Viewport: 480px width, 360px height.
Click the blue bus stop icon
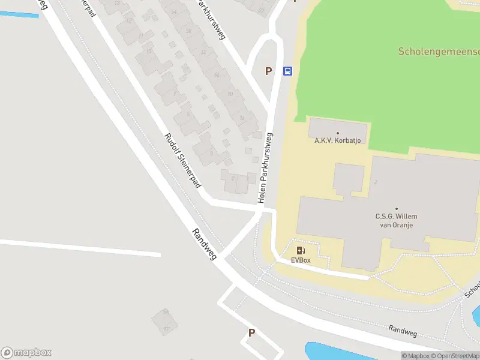coord(287,71)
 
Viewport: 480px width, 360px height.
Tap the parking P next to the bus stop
coord(269,71)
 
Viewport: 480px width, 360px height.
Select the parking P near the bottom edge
coord(251,332)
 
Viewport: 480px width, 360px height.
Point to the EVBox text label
coord(301,260)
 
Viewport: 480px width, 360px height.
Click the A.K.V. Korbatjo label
coord(337,141)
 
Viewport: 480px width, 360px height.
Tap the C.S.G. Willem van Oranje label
coord(396,220)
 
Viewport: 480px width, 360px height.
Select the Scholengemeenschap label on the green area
coord(439,52)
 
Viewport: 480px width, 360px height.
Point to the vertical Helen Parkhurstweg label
coord(266,167)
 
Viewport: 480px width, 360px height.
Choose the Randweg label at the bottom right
coord(402,330)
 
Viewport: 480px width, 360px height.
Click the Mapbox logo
coord(26,352)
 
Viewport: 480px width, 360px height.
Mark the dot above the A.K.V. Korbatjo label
coord(337,133)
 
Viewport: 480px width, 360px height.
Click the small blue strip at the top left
coord(19,14)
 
